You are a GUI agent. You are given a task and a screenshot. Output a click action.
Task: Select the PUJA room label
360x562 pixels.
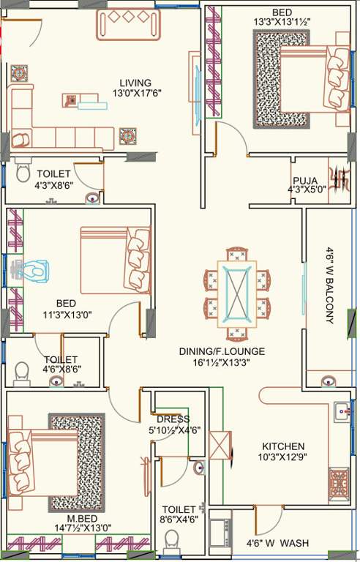pos(305,181)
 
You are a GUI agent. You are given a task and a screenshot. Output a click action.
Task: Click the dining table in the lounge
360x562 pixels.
pos(237,293)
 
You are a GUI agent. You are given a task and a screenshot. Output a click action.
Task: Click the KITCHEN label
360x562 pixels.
pos(283,446)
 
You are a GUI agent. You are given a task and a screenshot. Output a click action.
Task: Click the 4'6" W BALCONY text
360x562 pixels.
pos(329,285)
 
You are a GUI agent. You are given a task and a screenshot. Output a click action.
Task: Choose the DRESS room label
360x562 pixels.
pos(173,419)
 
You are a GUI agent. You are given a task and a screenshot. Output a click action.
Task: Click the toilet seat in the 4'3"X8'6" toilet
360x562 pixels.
pos(22,173)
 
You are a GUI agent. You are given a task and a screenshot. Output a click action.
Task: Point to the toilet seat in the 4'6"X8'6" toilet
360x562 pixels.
pos(21,372)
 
